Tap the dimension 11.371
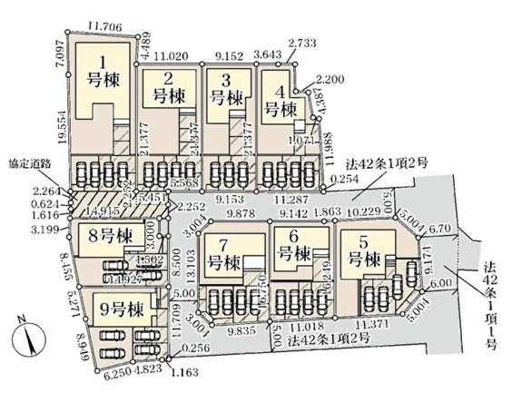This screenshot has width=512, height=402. pos(374,323)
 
